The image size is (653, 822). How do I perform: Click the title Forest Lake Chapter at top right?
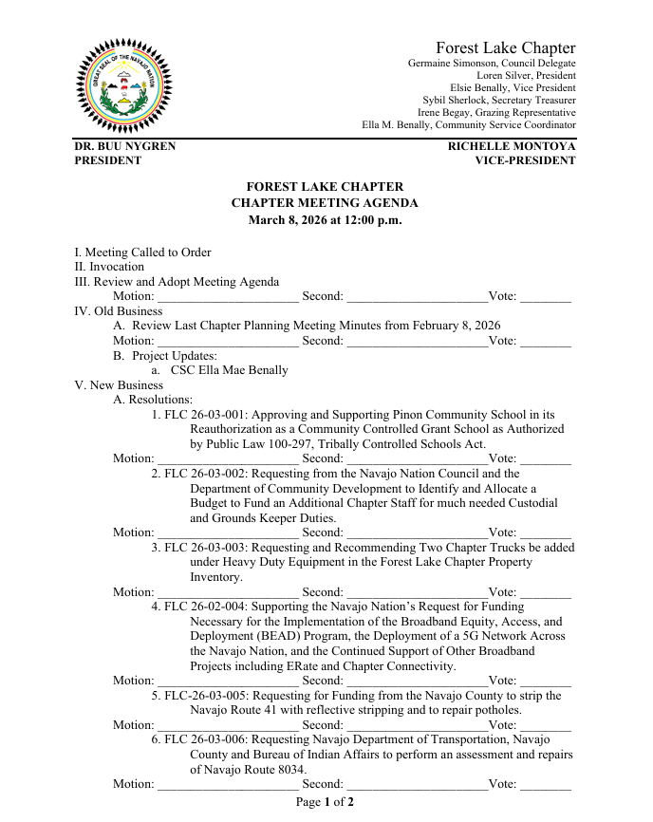(505, 47)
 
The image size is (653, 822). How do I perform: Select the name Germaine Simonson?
(449, 64)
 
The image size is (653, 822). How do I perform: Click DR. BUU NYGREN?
(125, 147)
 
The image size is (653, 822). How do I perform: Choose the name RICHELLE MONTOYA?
(512, 147)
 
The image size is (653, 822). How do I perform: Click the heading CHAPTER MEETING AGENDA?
(325, 203)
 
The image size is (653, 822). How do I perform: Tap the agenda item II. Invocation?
(109, 267)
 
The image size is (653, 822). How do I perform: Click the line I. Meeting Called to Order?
(142, 252)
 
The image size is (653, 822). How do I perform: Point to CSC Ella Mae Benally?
(229, 370)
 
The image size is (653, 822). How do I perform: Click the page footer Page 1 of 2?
(325, 802)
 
